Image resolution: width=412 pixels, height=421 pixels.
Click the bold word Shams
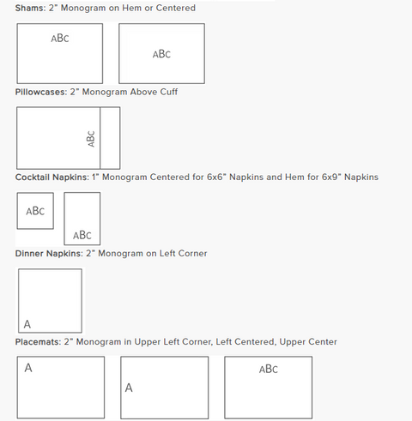(30, 8)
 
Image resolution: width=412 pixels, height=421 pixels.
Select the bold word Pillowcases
(41, 92)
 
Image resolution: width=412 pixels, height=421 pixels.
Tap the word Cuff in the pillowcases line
(169, 92)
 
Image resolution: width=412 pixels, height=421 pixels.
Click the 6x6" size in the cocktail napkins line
(215, 177)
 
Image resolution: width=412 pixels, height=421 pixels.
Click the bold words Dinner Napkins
(49, 254)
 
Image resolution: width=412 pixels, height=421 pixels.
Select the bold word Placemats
(38, 342)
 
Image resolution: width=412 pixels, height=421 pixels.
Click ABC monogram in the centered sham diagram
(161, 54)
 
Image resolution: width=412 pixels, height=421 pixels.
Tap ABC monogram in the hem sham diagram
(60, 38)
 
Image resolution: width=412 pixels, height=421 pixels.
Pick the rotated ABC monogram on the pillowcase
(91, 139)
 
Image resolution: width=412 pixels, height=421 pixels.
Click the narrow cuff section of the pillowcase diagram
(110, 138)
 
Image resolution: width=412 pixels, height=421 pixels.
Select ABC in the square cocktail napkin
(35, 211)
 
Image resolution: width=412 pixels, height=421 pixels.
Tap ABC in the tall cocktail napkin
(82, 235)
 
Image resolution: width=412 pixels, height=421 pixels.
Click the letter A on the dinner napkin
(27, 324)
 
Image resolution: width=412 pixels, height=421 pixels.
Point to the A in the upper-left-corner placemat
(28, 368)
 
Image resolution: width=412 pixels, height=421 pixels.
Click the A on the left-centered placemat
(129, 388)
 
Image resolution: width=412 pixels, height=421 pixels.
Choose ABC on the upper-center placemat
(269, 369)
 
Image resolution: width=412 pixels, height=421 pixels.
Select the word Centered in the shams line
(176, 8)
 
